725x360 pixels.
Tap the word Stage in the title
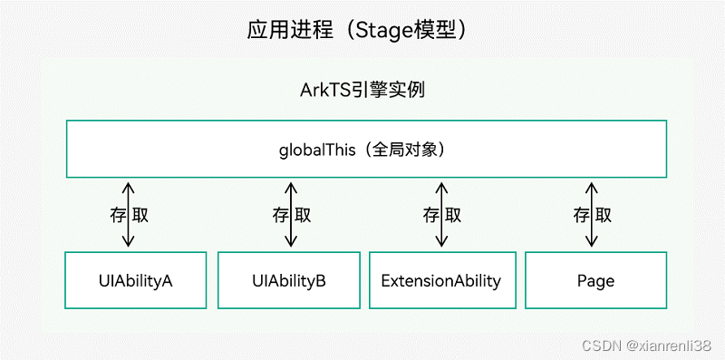point(381,29)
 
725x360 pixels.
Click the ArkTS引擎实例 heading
point(362,91)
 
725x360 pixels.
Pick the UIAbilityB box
point(290,280)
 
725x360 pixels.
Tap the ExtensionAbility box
point(440,280)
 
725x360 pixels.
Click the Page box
point(595,280)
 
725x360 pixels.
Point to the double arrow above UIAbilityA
point(129,215)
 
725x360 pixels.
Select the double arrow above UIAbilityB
point(290,215)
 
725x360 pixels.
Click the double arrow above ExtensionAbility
point(441,215)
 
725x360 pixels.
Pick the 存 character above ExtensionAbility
point(429,216)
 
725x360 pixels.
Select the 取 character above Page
point(604,216)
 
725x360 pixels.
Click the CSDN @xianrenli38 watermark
point(646,345)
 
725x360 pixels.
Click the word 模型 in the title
point(438,29)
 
